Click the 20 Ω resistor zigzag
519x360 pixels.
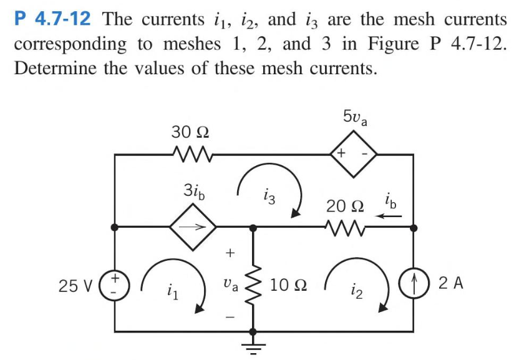click(x=342, y=228)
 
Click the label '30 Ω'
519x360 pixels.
click(x=190, y=132)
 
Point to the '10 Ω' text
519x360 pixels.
click(x=288, y=286)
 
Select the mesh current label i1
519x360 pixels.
click(x=170, y=290)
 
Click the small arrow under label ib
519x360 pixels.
click(x=390, y=216)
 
